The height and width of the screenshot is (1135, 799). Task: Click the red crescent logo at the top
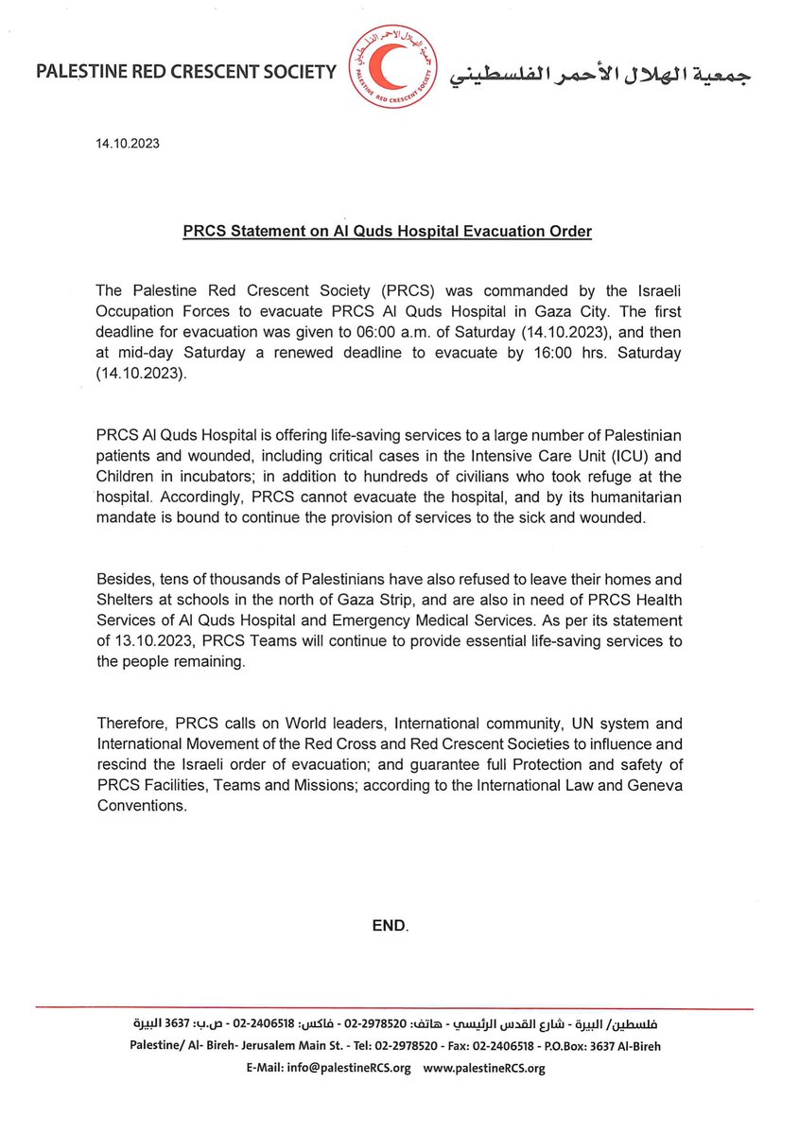pos(391,71)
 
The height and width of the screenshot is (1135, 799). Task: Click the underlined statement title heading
pos(387,232)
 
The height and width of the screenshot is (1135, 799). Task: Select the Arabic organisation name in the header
pos(600,74)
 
